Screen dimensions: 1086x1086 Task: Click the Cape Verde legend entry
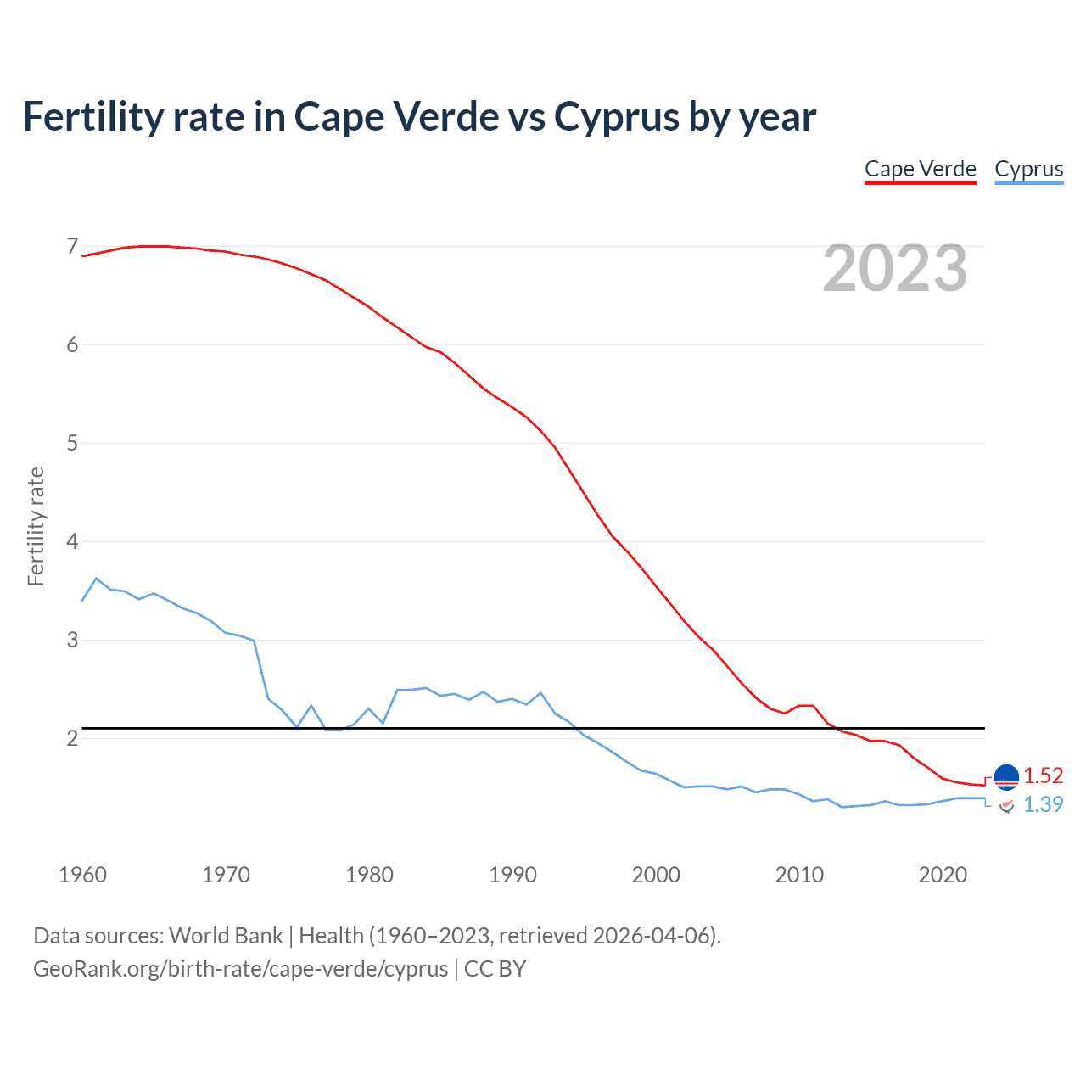[x=921, y=169]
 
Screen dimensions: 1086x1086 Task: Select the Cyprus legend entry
[x=1028, y=169]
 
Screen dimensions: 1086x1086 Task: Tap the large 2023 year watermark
[x=895, y=268]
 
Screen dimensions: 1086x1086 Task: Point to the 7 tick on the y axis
[x=72, y=247]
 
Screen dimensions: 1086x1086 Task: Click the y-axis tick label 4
[x=72, y=541]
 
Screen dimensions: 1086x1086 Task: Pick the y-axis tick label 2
[x=72, y=738]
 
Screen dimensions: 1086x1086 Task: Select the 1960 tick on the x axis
[x=82, y=875]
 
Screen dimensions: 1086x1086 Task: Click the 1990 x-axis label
[x=512, y=875]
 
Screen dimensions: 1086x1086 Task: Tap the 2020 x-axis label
[x=943, y=875]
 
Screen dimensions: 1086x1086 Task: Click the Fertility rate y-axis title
[x=36, y=526]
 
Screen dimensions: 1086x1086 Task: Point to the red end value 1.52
[x=1043, y=775]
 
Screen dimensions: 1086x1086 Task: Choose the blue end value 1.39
[x=1043, y=804]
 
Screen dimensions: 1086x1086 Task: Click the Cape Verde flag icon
[x=1006, y=776]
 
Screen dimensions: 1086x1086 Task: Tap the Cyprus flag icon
[x=1006, y=805]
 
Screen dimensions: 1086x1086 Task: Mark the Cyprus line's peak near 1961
[x=96, y=579]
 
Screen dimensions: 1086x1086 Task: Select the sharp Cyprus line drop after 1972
[x=261, y=670]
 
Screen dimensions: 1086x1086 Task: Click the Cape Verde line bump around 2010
[x=806, y=706]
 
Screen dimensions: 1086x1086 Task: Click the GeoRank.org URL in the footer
[x=240, y=969]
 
